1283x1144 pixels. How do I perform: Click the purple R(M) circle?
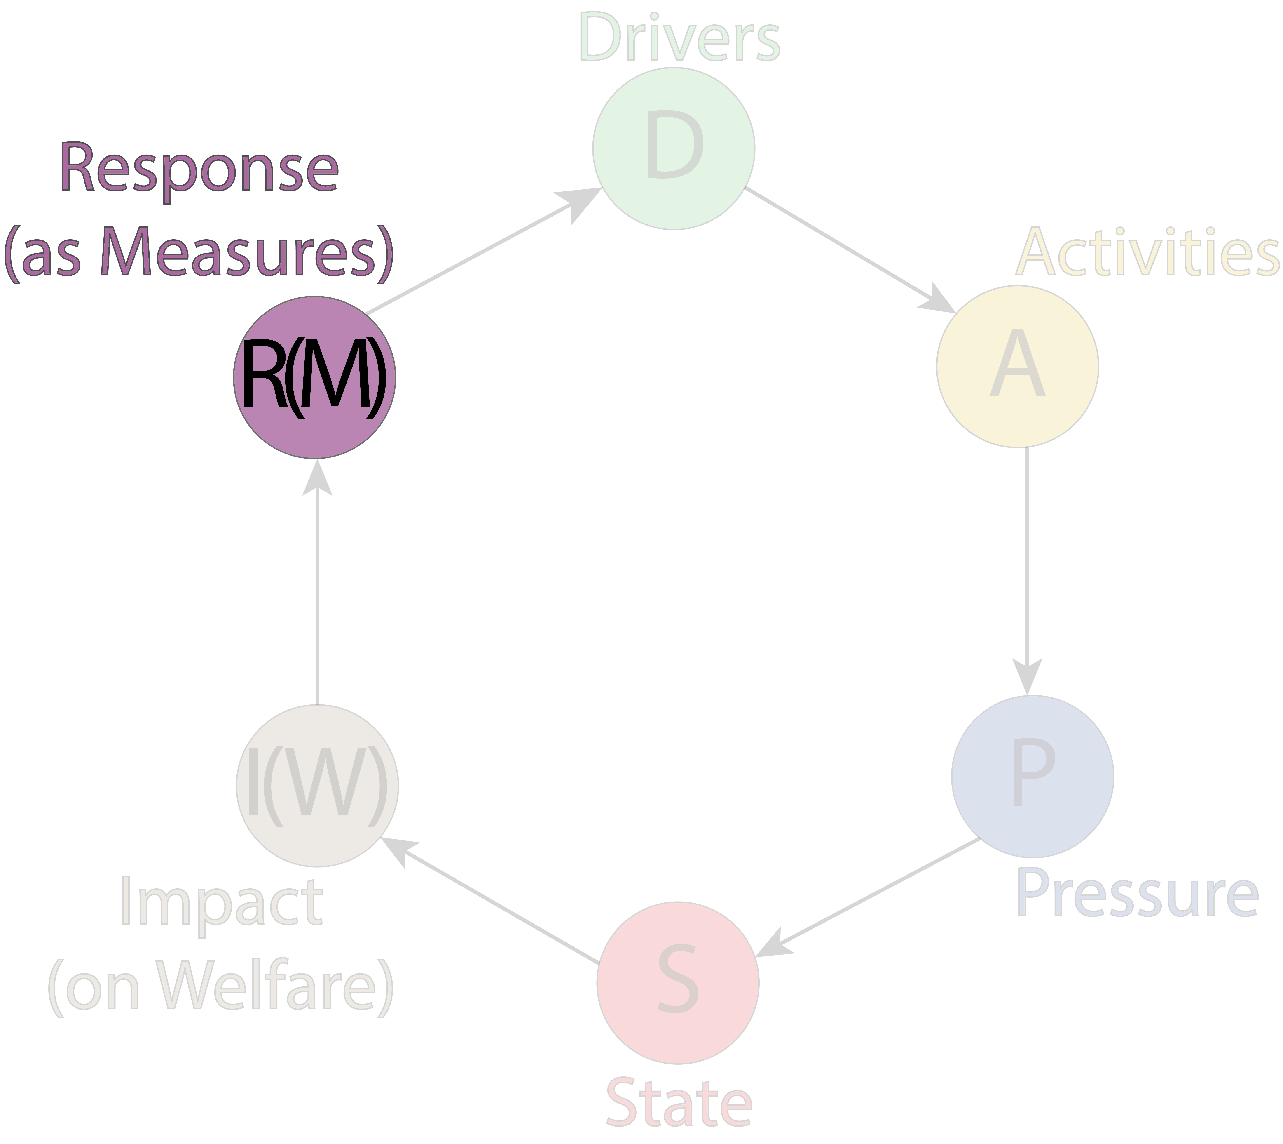[x=314, y=377]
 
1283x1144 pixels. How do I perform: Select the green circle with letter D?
[x=674, y=148]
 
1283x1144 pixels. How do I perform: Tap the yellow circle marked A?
[x=1017, y=367]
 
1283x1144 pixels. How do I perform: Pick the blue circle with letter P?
[x=1032, y=776]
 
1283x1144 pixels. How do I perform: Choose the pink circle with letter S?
[x=677, y=982]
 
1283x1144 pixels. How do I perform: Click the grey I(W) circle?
[x=317, y=786]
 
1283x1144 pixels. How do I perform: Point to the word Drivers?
[x=679, y=38]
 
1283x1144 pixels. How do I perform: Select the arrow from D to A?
[x=848, y=248]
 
